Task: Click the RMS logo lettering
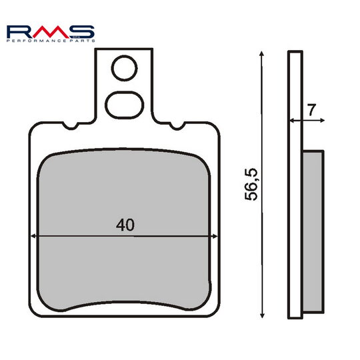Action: pyautogui.click(x=51, y=32)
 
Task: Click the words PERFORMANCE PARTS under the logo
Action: pyautogui.click(x=51, y=41)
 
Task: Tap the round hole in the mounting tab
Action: pyautogui.click(x=124, y=68)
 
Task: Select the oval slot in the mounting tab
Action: pyautogui.click(x=125, y=105)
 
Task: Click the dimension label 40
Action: pyautogui.click(x=125, y=225)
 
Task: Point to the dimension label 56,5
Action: pyautogui.click(x=251, y=185)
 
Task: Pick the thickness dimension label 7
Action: pyautogui.click(x=312, y=110)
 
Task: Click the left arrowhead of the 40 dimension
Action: pyautogui.click(x=33, y=236)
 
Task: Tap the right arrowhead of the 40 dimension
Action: pyautogui.click(x=215, y=236)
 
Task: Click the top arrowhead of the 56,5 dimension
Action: pyautogui.click(x=261, y=54)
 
